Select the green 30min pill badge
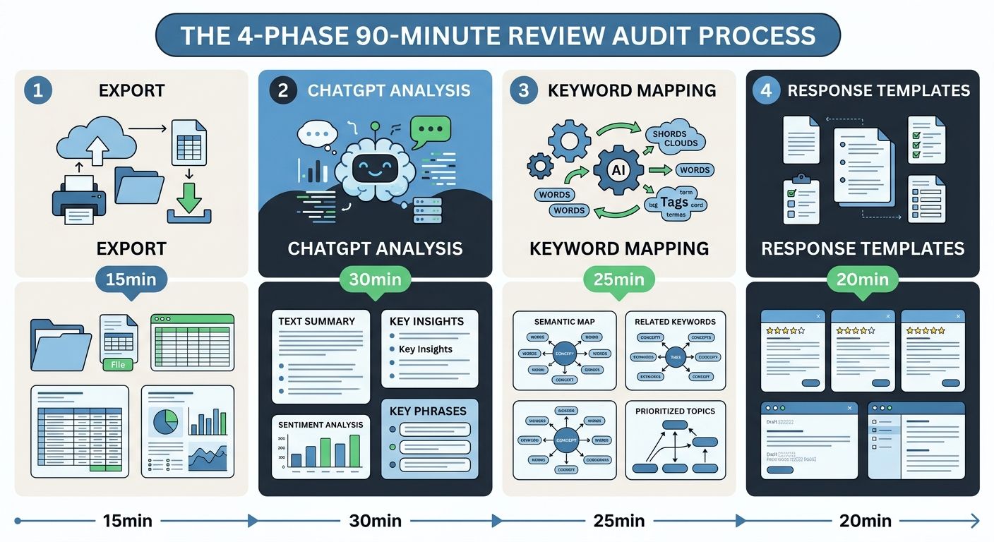coord(374,279)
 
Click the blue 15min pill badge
coord(131,279)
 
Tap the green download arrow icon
coord(188,198)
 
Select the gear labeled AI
coord(618,170)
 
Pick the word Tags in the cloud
coord(675,203)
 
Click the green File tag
coord(118,365)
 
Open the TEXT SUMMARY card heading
coord(316,321)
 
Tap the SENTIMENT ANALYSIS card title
coord(321,424)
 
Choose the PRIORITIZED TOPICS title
coord(675,411)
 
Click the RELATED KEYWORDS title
coord(675,322)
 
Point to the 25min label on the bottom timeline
coord(618,521)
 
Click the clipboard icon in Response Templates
coord(802,199)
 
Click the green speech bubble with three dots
coord(430,131)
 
